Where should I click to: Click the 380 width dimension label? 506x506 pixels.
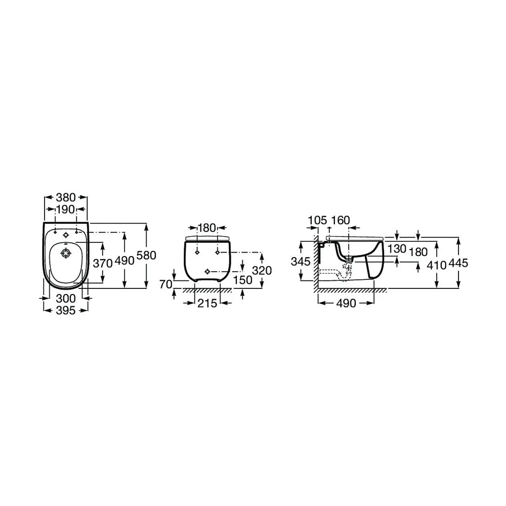(65, 197)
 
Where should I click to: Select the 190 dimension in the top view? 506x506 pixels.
(65, 209)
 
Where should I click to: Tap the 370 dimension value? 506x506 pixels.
(103, 263)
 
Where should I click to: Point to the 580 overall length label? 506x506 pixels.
(147, 255)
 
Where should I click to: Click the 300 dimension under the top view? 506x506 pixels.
(66, 298)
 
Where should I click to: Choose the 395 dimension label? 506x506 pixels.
(66, 311)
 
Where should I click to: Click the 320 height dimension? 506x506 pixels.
(262, 270)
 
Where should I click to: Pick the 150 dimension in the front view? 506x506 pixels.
(243, 280)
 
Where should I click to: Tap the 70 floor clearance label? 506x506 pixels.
(166, 284)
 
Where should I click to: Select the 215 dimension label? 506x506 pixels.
(207, 303)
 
